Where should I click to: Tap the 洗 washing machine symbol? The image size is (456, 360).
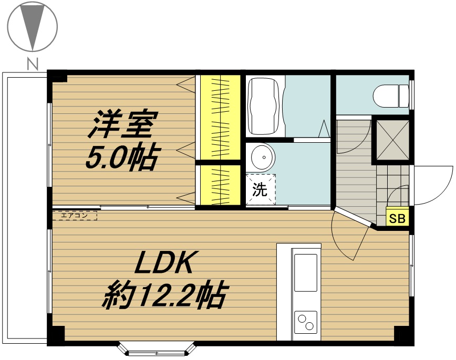[x=260, y=189]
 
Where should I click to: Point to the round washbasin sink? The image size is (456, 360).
[x=263, y=157]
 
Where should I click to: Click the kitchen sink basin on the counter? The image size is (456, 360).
[x=306, y=272]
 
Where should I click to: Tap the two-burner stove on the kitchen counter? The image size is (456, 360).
[x=306, y=322]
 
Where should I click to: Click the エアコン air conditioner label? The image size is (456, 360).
[x=75, y=216]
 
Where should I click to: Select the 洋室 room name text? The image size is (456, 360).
[x=123, y=124]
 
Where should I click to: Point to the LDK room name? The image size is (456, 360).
[x=164, y=262]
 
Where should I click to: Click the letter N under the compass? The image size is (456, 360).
[x=33, y=64]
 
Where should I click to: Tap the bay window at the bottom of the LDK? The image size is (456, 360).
[x=157, y=349]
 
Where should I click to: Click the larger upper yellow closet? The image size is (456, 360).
[x=221, y=118]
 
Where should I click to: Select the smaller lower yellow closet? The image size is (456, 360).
[x=221, y=185]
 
